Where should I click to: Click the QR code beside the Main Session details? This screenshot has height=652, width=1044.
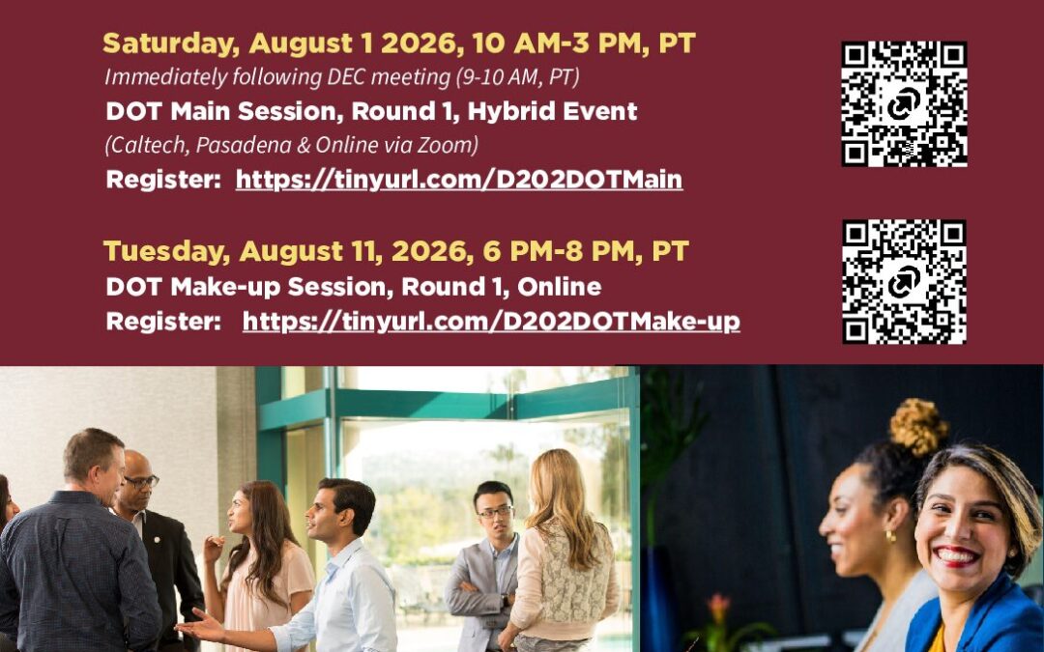click(x=904, y=103)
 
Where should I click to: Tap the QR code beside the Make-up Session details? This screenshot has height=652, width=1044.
click(x=904, y=281)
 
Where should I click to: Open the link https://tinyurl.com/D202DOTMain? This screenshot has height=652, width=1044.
click(x=459, y=180)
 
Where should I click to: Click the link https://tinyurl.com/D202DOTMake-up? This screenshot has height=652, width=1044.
click(x=491, y=322)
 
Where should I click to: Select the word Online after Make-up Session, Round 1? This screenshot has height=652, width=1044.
click(x=560, y=287)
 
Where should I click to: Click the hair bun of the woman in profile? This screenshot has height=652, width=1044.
click(x=918, y=427)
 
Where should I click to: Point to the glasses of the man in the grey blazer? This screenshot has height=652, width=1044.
click(x=495, y=512)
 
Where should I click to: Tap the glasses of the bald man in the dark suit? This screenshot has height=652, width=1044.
click(x=141, y=481)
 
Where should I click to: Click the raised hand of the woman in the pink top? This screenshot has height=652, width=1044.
click(x=214, y=549)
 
